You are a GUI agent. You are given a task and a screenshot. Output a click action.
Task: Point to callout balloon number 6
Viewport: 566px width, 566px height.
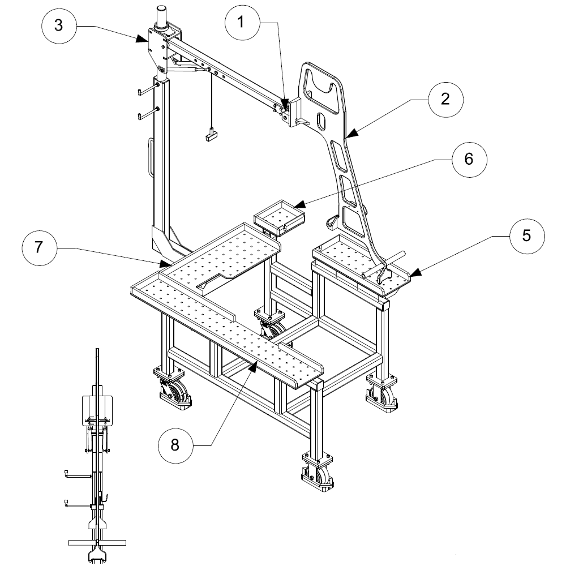(469, 160)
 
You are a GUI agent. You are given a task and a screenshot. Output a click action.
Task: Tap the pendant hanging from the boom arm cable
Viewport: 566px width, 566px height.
(211, 136)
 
